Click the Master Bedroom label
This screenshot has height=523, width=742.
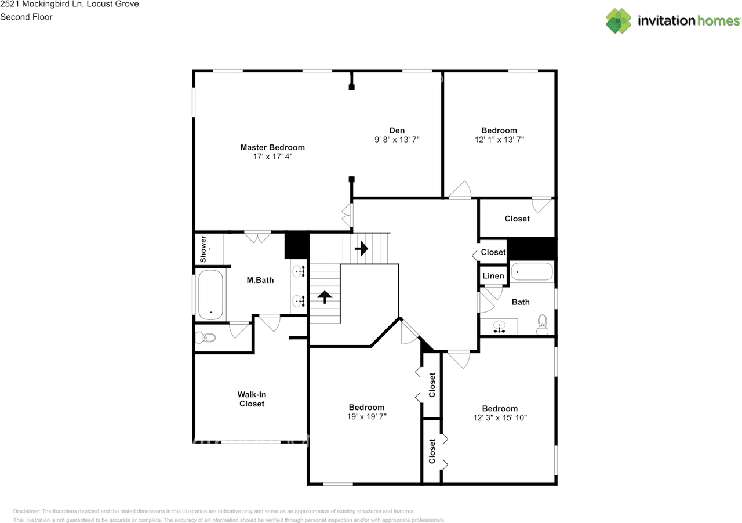point(272,147)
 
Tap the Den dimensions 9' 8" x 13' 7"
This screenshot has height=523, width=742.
point(397,140)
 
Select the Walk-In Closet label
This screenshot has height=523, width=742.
point(252,399)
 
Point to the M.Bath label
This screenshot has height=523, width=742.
point(260,281)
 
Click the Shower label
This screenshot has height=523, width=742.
point(203,249)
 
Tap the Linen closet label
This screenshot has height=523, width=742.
point(493,276)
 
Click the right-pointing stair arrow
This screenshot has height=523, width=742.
point(361,248)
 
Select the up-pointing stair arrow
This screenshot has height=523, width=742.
point(325,297)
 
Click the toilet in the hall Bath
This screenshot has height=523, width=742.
point(542,324)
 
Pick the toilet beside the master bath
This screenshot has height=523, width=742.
point(205,337)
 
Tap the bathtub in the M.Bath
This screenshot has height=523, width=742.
point(210,295)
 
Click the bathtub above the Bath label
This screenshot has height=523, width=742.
point(532,271)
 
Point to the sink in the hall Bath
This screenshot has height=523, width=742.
point(499,326)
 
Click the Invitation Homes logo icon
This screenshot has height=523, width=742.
point(619,21)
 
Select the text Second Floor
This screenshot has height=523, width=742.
point(26,17)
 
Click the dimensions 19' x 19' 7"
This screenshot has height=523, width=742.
point(367,417)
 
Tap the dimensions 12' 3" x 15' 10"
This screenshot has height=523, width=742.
point(500,417)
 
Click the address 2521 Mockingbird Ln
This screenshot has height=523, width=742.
point(41,4)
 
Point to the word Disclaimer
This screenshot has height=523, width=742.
point(27,511)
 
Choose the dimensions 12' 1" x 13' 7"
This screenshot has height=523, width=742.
point(499,140)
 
